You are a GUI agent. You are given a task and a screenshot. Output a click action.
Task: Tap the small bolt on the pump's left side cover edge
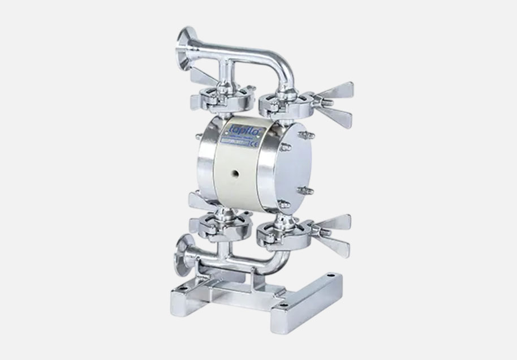(197, 136)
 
